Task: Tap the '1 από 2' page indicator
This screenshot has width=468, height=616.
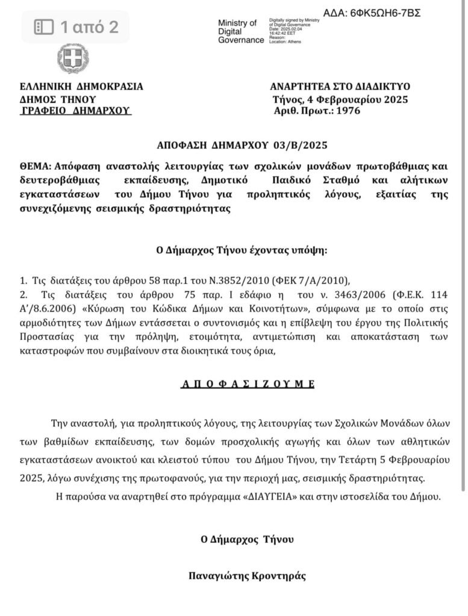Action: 76,26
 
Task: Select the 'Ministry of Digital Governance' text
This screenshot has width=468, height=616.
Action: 240,31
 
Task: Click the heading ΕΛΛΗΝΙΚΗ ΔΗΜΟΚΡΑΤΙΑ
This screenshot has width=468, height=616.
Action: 82,87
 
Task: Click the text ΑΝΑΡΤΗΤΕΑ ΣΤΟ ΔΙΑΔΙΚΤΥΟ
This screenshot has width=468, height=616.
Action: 340,87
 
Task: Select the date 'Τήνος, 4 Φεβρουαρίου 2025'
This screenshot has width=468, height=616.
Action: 340,99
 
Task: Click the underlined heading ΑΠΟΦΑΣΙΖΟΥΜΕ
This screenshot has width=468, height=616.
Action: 248,383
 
